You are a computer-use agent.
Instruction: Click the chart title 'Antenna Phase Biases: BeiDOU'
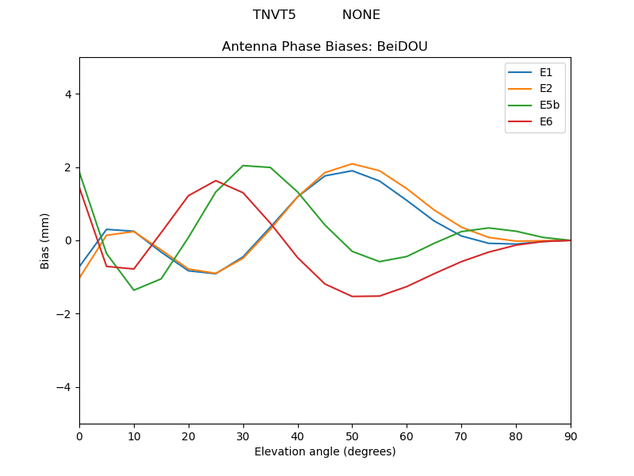click(x=325, y=47)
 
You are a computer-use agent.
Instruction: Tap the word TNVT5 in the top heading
click(x=274, y=15)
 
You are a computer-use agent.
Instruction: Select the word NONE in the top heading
click(x=361, y=15)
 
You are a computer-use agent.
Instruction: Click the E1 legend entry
click(x=547, y=72)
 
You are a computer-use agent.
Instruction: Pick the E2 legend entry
click(x=547, y=88)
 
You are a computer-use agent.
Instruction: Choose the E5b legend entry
click(x=550, y=105)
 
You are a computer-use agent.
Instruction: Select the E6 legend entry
click(x=547, y=121)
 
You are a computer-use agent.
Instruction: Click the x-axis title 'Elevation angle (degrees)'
click(x=325, y=452)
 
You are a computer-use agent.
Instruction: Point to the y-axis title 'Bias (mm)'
click(x=45, y=240)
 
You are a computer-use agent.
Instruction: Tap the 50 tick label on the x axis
click(x=352, y=436)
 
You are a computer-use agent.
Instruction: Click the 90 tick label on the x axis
click(x=571, y=436)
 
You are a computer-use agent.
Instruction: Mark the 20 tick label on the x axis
click(x=189, y=436)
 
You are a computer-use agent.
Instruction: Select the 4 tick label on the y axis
click(x=68, y=94)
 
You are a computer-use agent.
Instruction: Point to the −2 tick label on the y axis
click(x=64, y=314)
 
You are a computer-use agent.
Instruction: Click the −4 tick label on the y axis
click(x=64, y=387)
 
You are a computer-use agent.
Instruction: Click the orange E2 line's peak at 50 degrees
click(x=352, y=163)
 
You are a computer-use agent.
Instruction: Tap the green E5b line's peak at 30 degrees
click(x=243, y=165)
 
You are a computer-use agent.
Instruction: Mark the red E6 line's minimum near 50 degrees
click(x=352, y=297)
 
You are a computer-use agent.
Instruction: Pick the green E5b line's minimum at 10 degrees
click(x=134, y=290)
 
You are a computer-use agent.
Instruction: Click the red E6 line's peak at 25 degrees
click(x=216, y=180)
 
